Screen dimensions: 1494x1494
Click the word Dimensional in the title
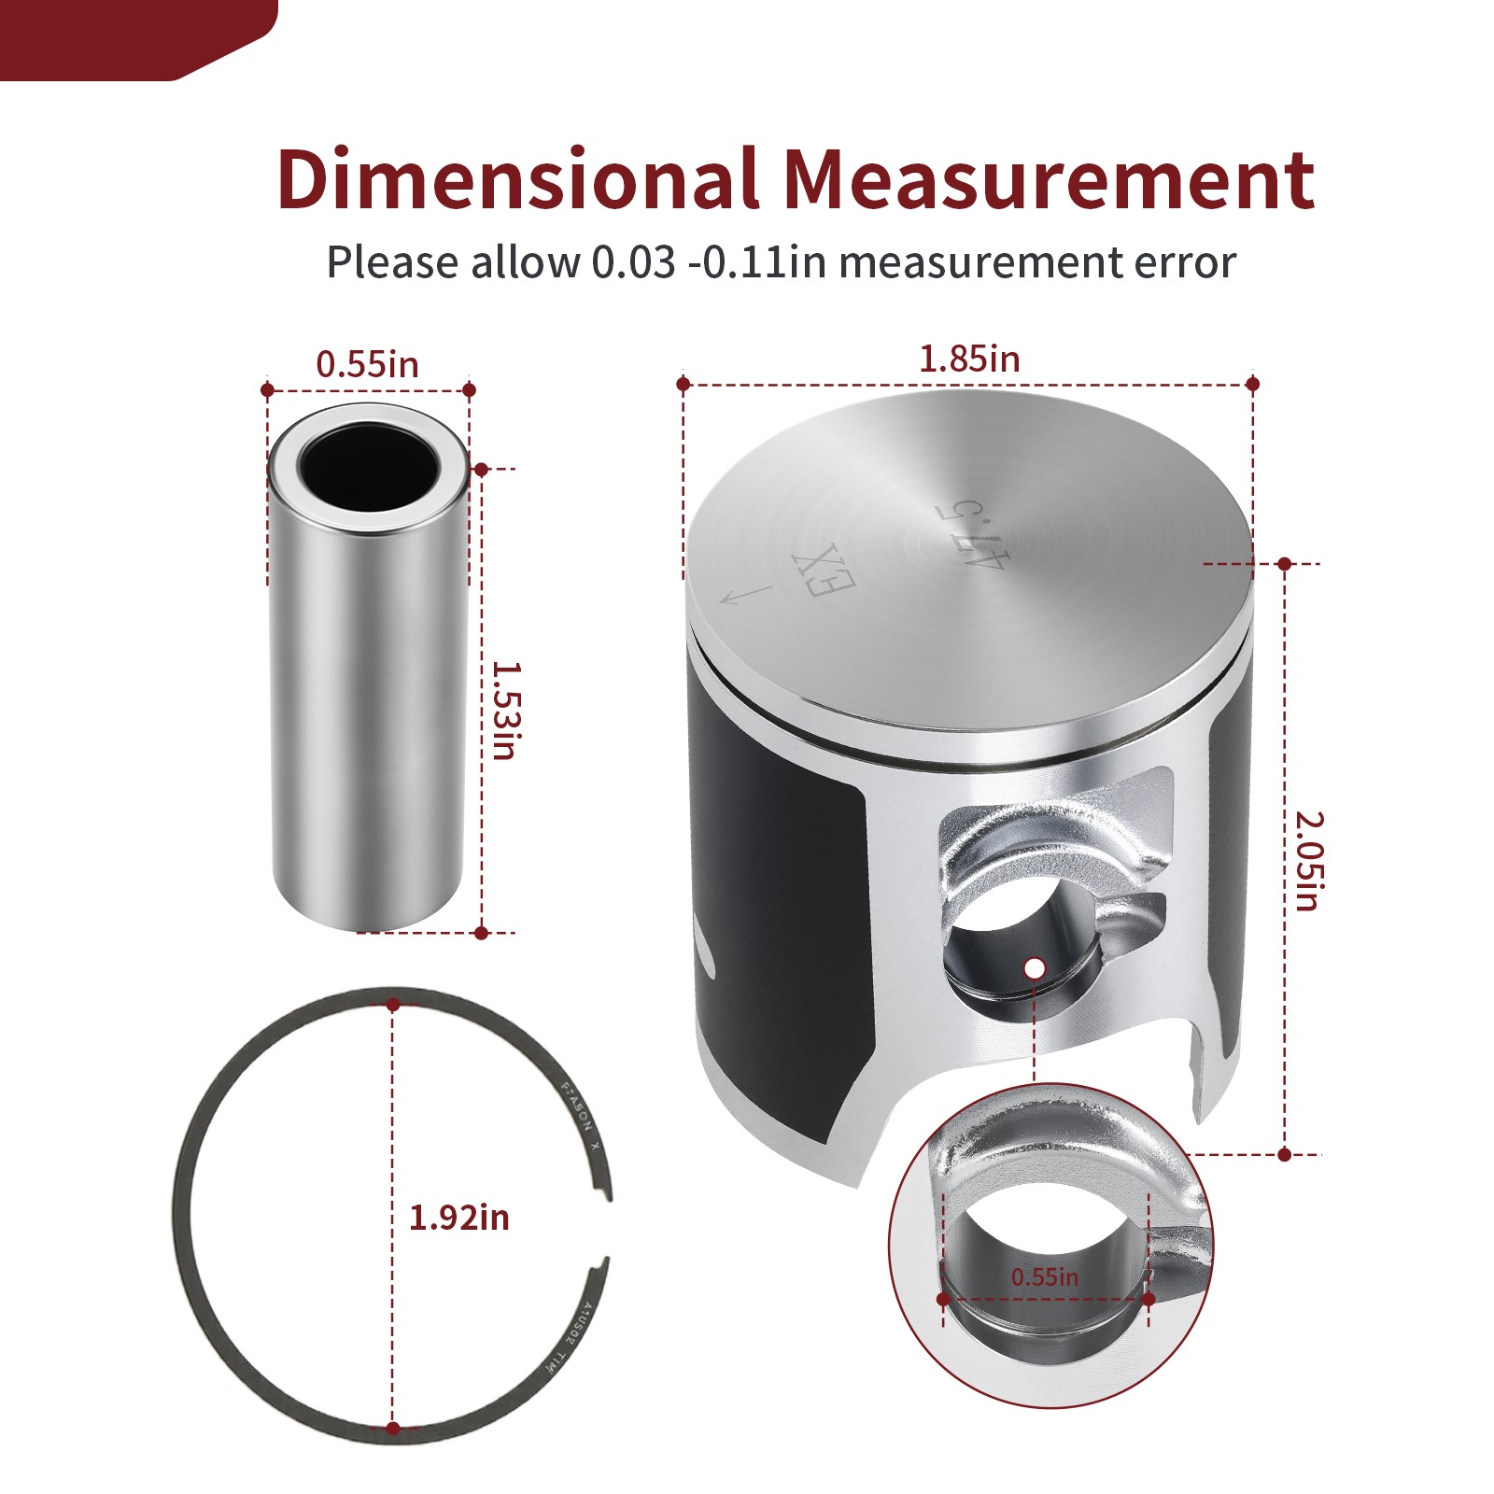pyautogui.click(x=516, y=179)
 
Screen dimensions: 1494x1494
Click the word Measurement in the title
pyautogui.click(x=1048, y=179)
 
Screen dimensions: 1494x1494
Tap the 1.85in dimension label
pyautogui.click(x=969, y=359)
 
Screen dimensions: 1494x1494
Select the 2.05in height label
pyautogui.click(x=1308, y=860)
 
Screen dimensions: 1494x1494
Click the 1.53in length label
pyautogui.click(x=505, y=711)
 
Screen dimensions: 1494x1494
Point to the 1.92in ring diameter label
pyautogui.click(x=459, y=1218)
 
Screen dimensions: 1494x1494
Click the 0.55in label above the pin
pyautogui.click(x=367, y=365)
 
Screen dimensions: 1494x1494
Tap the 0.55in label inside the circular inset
pyautogui.click(x=1044, y=1276)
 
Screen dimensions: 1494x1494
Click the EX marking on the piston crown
pyautogui.click(x=823, y=571)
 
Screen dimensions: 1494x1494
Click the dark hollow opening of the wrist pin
pyautogui.click(x=369, y=466)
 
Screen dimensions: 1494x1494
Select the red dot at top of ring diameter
pyautogui.click(x=393, y=1005)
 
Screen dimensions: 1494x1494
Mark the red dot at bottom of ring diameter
pyautogui.click(x=393, y=1428)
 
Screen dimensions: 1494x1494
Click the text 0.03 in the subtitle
pyautogui.click(x=633, y=262)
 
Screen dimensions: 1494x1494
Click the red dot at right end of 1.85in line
pyautogui.click(x=1253, y=384)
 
